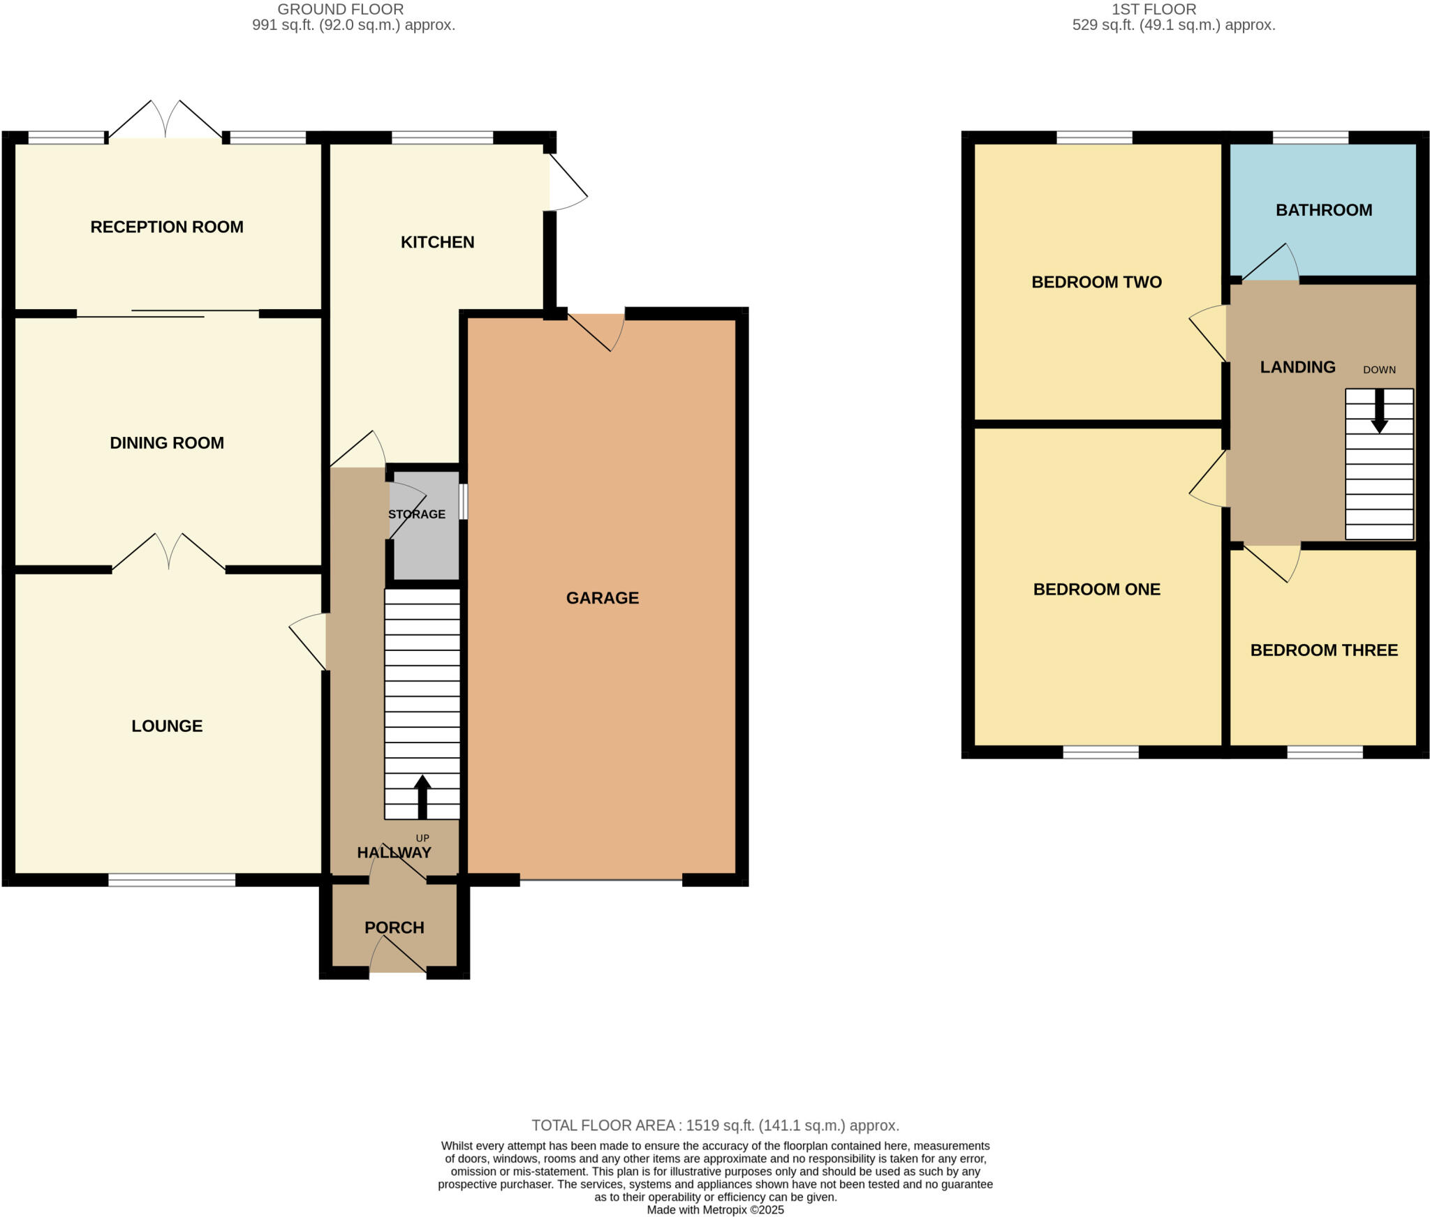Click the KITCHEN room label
tap(437, 242)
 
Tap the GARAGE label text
tap(602, 598)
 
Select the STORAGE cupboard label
tap(417, 514)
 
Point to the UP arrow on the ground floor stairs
tap(422, 796)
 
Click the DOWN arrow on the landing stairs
tap(1379, 412)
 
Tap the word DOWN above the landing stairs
tap(1379, 370)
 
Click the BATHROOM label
tap(1323, 210)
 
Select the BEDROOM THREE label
tap(1323, 650)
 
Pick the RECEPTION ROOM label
tap(167, 227)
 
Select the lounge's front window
tap(172, 880)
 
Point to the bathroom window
tap(1310, 137)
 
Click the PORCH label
tap(394, 927)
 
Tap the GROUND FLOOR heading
tap(340, 10)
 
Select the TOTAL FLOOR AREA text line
tap(715, 1125)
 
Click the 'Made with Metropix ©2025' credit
tap(715, 1210)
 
